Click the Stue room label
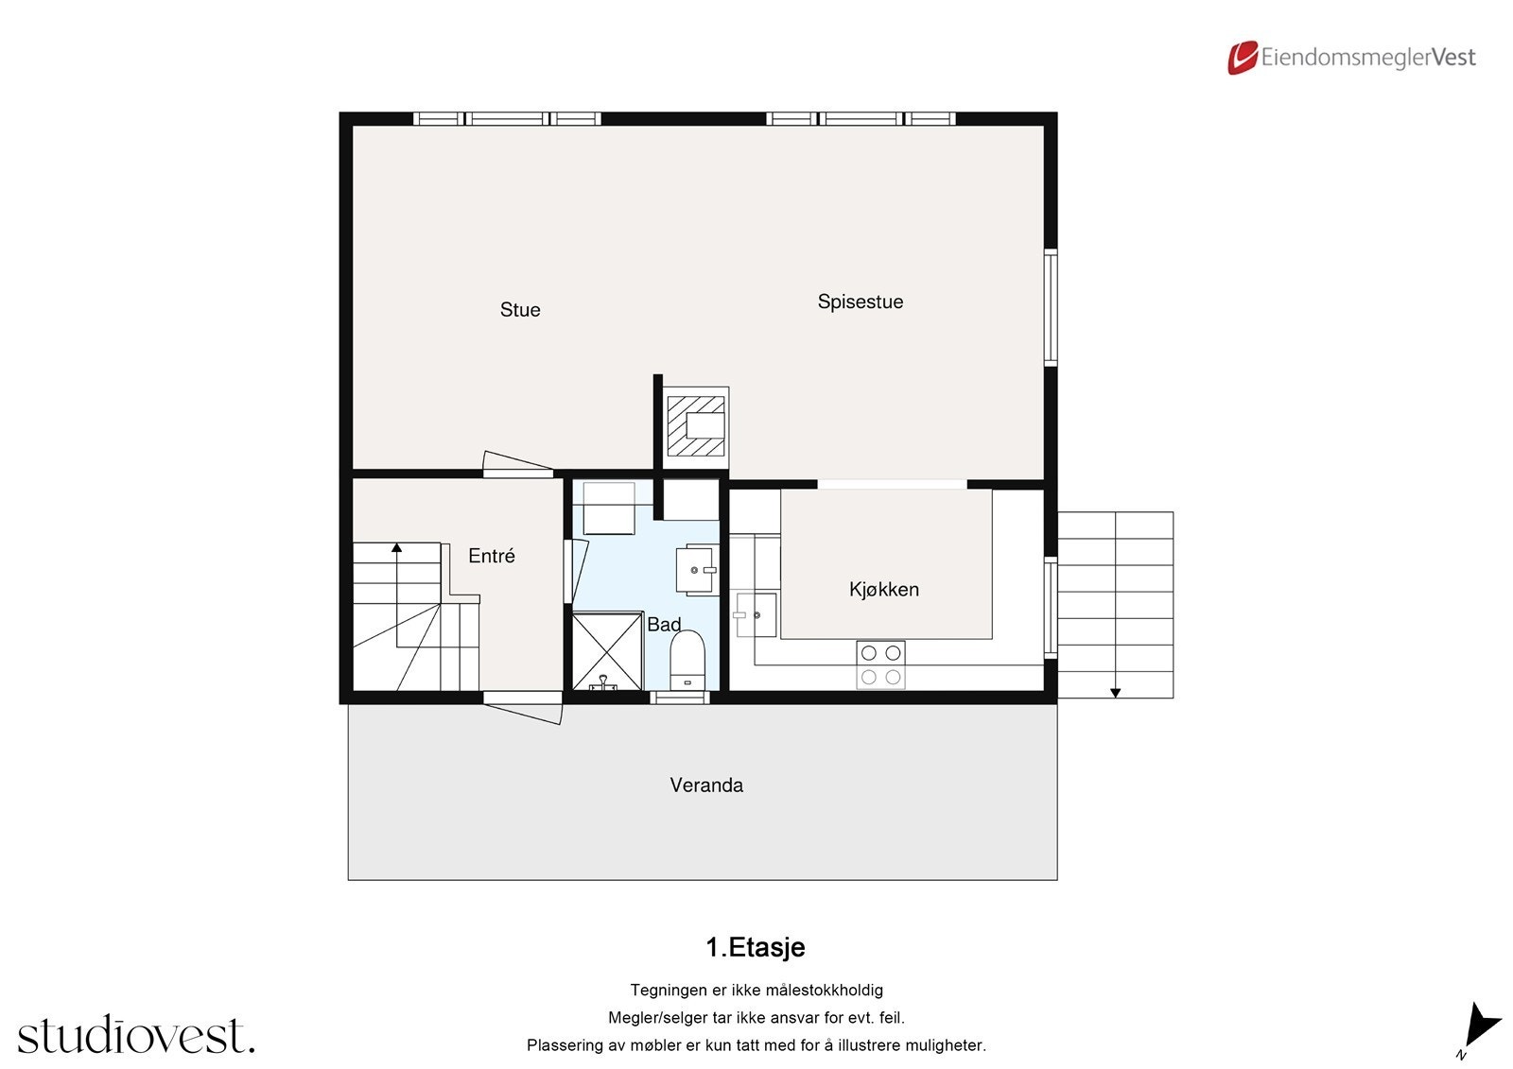click(520, 310)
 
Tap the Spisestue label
click(860, 302)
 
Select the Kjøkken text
click(883, 589)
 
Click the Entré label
click(492, 556)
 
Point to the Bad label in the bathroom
click(663, 625)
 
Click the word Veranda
click(706, 785)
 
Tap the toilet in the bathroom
click(687, 659)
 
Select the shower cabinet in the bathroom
click(608, 651)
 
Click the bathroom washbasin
click(697, 569)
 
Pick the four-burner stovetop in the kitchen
click(880, 664)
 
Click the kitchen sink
click(756, 615)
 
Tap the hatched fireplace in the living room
click(696, 426)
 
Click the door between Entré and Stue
click(517, 465)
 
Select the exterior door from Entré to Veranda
click(523, 706)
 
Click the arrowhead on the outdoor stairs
click(1115, 693)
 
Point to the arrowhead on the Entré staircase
click(397, 547)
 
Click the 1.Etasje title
click(756, 947)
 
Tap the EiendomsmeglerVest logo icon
click(1242, 58)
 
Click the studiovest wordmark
click(135, 1036)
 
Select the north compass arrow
click(1480, 1026)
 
